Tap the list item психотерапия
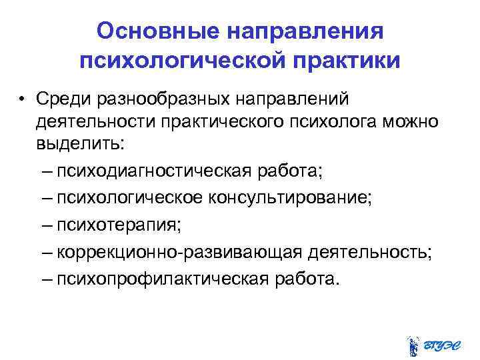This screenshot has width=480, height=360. pyautogui.click(x=117, y=225)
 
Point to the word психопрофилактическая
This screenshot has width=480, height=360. pyautogui.click(x=163, y=279)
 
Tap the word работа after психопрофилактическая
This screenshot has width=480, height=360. pyautogui.click(x=309, y=279)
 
